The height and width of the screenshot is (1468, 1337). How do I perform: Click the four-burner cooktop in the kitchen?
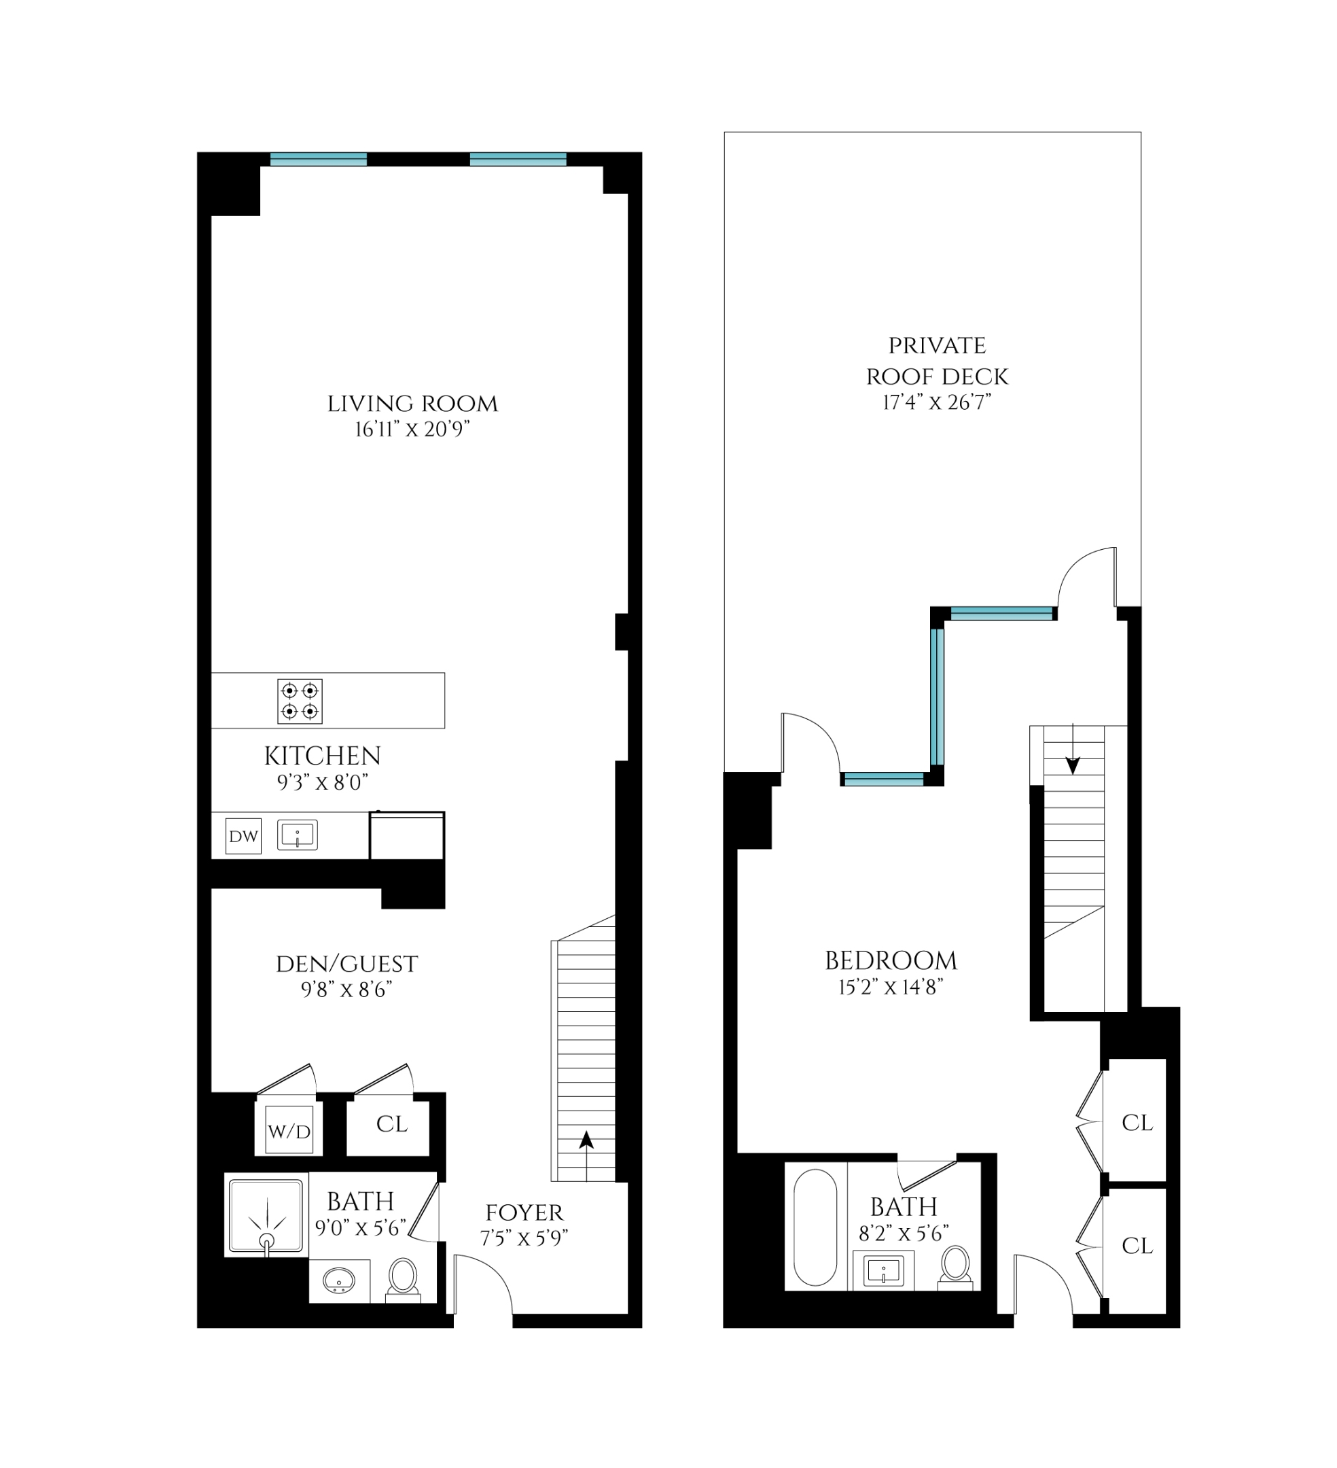(299, 701)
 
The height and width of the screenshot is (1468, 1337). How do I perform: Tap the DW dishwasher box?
(243, 836)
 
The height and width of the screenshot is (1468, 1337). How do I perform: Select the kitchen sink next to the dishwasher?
(297, 835)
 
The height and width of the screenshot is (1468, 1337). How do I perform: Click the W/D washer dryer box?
(289, 1131)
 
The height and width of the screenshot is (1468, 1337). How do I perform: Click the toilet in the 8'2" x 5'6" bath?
(955, 1267)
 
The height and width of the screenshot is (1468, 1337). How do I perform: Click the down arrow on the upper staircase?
(1072, 765)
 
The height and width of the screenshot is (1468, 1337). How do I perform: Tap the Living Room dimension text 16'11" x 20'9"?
(412, 430)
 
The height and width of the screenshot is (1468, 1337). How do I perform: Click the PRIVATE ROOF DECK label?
(937, 361)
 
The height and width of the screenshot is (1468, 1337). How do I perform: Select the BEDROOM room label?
(890, 961)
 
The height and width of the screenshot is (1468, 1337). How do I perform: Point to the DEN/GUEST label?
(346, 965)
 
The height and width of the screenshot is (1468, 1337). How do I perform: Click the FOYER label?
(524, 1213)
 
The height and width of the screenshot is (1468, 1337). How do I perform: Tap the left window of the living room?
(318, 160)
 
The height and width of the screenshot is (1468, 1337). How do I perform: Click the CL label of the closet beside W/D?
(391, 1124)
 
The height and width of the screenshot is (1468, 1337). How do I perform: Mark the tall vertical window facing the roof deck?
(938, 696)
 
